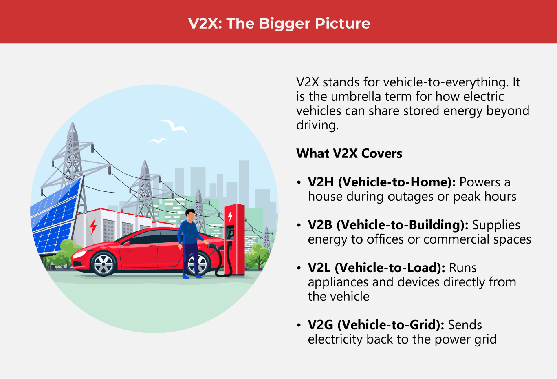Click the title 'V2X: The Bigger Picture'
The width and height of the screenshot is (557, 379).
279,23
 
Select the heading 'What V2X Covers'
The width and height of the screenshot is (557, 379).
349,153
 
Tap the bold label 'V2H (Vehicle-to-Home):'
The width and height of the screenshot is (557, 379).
381,182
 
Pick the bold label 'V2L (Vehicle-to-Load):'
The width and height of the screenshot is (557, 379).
376,268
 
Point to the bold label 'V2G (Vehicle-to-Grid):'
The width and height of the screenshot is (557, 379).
376,325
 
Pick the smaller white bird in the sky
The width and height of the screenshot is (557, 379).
158,141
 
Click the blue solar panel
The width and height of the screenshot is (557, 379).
55,216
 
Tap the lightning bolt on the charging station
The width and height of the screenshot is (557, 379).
230,215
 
